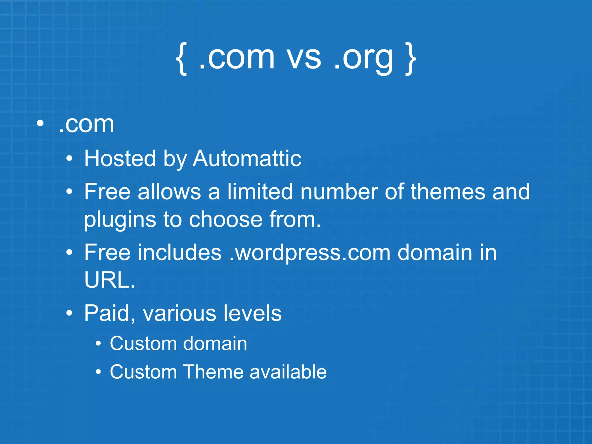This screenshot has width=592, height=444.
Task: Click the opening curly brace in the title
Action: click(181, 58)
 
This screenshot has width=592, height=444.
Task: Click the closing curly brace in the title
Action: click(410, 58)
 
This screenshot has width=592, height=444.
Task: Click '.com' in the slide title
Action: click(236, 58)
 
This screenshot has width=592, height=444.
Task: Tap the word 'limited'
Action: click(260, 191)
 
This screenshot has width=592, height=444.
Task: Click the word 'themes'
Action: click(447, 191)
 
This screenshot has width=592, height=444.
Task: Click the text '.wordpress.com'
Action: click(310, 252)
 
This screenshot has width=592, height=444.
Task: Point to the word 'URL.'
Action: click(110, 280)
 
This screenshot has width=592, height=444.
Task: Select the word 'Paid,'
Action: click(110, 313)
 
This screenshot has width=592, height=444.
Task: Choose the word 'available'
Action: click(288, 372)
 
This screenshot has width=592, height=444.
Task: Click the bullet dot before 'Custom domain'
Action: click(99, 344)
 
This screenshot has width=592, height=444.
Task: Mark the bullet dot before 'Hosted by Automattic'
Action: click(69, 159)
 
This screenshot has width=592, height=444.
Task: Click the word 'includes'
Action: click(179, 252)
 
